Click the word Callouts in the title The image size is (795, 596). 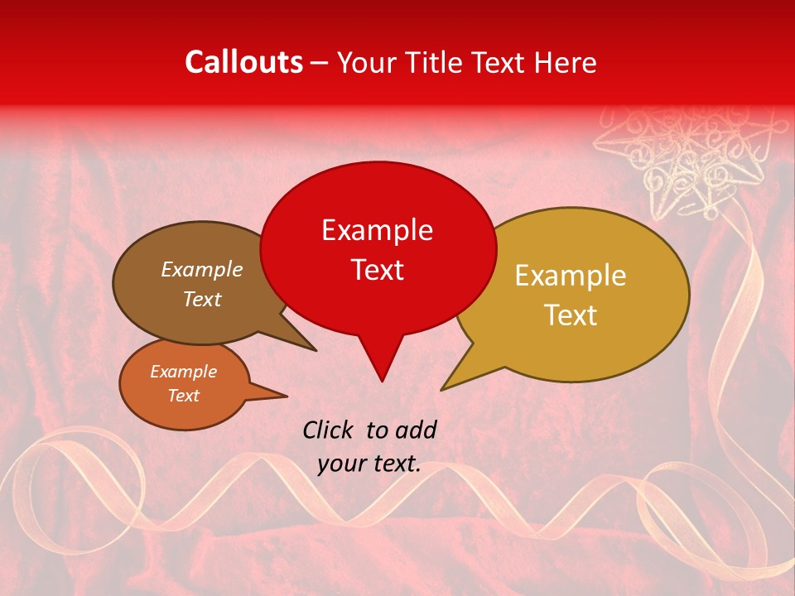coord(243,62)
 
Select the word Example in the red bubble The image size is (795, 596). coord(377,230)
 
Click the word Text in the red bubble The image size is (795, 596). coord(377,270)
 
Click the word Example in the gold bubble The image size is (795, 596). coord(571,276)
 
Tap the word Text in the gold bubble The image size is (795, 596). coord(571,315)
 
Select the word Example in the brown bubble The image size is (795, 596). coord(201,270)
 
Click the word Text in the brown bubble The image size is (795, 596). coord(201,300)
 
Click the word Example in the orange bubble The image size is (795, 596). coord(183,372)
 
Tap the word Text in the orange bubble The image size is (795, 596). coord(183,396)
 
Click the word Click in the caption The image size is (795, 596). coord(330,430)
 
